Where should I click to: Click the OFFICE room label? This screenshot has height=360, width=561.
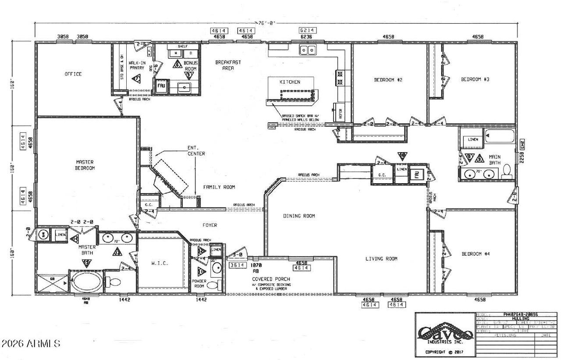73,74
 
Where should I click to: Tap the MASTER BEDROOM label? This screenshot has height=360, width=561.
85,165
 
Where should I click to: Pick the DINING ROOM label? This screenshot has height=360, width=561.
299,216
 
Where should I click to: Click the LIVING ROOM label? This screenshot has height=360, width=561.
381,259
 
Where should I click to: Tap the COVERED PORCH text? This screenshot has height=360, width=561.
269,279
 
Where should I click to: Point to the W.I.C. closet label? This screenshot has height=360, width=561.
160,264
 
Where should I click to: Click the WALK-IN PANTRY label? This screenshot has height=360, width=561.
137,66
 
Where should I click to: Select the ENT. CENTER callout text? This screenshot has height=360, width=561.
196,151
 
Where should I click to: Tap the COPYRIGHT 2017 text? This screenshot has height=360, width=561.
444,352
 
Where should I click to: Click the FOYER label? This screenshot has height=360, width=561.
209,225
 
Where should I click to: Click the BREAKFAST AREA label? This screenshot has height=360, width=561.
228,65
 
